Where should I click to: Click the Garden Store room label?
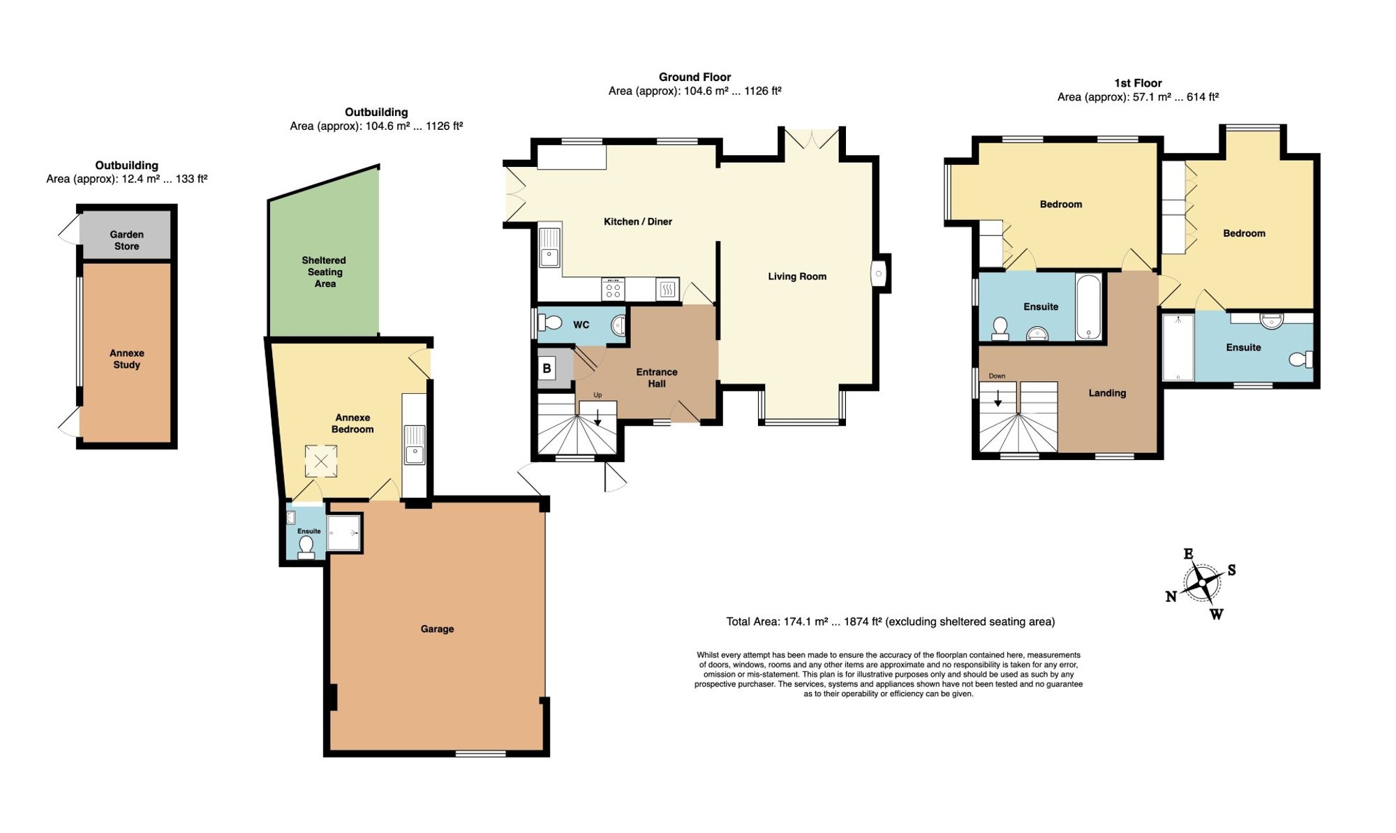tap(126, 240)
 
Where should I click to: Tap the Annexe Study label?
tap(126, 359)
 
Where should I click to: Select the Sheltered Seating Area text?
tap(325, 272)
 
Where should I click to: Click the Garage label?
tap(437, 629)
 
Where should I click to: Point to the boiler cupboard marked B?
tap(547, 368)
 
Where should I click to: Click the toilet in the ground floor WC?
tap(551, 323)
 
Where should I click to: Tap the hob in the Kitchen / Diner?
tap(614, 289)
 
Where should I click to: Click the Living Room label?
tap(797, 277)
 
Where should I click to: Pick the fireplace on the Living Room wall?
tap(879, 273)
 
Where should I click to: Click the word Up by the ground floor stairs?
tap(597, 395)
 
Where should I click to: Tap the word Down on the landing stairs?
tap(997, 376)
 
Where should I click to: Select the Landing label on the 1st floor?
tap(1107, 393)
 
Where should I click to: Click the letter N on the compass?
tap(1171, 596)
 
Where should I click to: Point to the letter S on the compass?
tap(1232, 570)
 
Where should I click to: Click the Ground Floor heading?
tap(695, 77)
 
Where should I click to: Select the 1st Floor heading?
tap(1138, 83)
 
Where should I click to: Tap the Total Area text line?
tap(890, 621)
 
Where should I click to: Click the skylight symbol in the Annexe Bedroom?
tap(321, 462)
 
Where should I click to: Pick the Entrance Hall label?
tap(656, 378)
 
